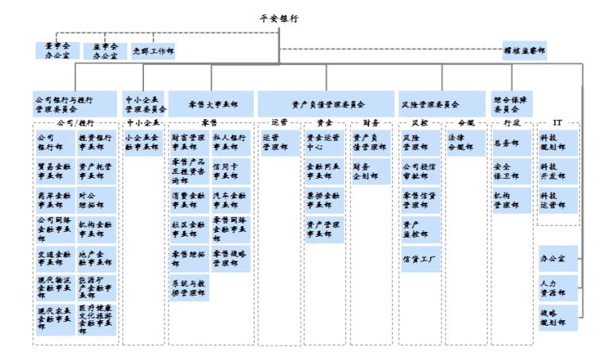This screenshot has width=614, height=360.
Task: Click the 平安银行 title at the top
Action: point(306,17)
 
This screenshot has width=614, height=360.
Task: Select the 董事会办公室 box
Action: point(58,52)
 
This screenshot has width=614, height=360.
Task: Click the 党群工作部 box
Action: point(153,52)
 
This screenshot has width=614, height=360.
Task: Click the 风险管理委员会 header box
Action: point(441,104)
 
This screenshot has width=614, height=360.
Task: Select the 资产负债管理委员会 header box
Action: point(328,104)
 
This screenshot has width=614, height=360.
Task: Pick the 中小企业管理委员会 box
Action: point(145,104)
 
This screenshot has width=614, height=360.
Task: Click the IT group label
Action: point(558,123)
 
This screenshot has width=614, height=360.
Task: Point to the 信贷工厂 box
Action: point(418,258)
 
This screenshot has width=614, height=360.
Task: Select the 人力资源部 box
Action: point(558,285)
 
